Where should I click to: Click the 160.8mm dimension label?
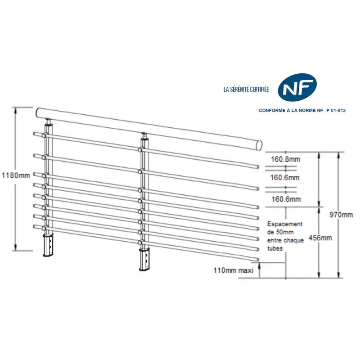[x=285, y=159]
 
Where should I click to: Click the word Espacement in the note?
[x=285, y=224]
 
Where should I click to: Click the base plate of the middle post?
[x=145, y=260]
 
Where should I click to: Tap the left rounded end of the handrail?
[x=37, y=112]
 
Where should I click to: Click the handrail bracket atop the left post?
[x=48, y=121]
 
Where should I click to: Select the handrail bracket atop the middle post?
[x=144, y=135]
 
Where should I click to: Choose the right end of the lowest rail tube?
[x=258, y=259]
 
